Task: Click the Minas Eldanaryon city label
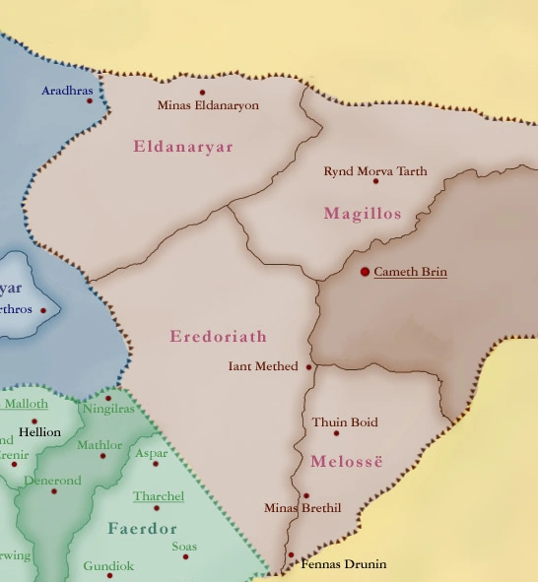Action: pos(208,104)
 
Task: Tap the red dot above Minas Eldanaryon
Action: pos(203,93)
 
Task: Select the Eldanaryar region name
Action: pos(183,147)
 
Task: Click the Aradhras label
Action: pos(67,91)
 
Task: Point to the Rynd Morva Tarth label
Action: pos(375,171)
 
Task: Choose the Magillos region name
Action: pos(363,214)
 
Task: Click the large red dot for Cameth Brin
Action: pos(365,271)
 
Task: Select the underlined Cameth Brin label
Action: pos(410,271)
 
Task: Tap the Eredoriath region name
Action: pos(218,337)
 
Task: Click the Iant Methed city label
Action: pos(262,366)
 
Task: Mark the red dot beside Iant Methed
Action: pos(309,367)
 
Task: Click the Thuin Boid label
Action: pos(345,422)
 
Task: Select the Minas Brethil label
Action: pos(303,508)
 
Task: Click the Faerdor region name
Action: pos(142,529)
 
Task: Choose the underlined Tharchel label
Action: pos(159,495)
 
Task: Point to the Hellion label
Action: pos(39,432)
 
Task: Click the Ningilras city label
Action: pos(107,408)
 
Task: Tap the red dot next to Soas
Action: pos(185,557)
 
